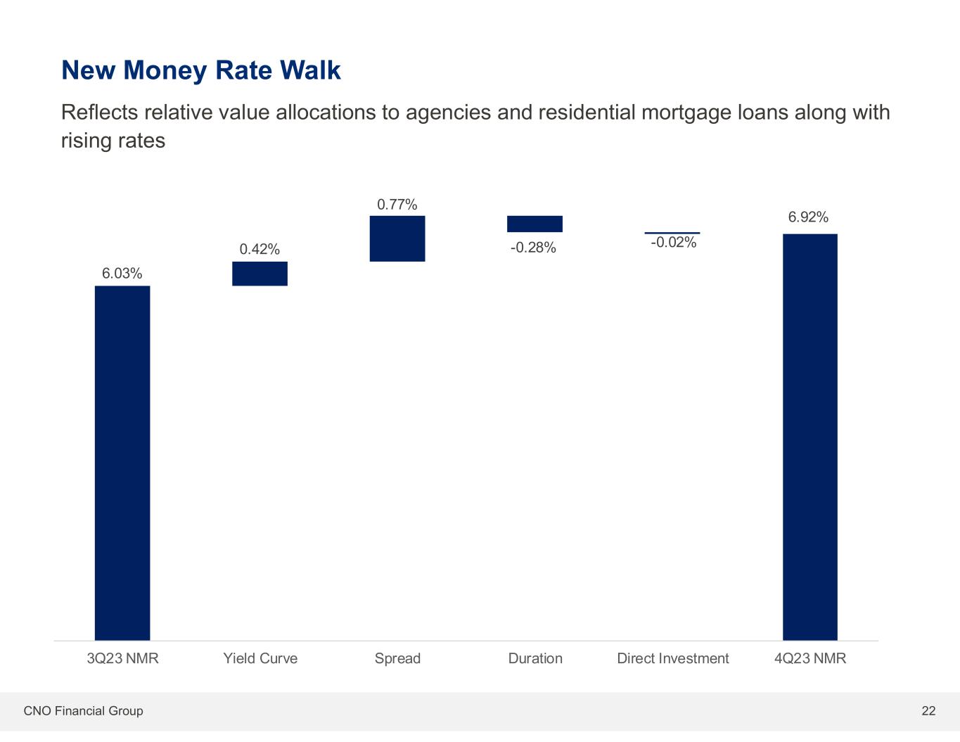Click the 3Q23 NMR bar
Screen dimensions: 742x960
click(122, 462)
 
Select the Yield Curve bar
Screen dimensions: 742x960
click(260, 274)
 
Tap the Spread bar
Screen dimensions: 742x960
click(397, 238)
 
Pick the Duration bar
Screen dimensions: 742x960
click(535, 224)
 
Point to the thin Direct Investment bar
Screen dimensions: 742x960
click(672, 232)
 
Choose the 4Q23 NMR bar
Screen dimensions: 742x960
click(810, 436)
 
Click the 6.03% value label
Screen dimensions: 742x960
click(122, 274)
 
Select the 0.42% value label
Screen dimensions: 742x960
click(260, 249)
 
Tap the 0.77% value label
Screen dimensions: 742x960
click(397, 205)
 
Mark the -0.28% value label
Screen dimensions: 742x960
click(534, 248)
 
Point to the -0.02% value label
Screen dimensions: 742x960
click(673, 243)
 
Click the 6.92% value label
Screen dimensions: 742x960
click(808, 217)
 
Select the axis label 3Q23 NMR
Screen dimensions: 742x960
click(122, 659)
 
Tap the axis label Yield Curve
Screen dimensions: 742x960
click(260, 659)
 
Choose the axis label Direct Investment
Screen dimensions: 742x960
click(672, 659)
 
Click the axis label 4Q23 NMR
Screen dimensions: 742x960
click(810, 659)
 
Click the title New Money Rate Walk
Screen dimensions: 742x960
click(201, 70)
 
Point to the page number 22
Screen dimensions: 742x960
click(928, 711)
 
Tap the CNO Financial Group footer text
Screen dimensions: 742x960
click(83, 711)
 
